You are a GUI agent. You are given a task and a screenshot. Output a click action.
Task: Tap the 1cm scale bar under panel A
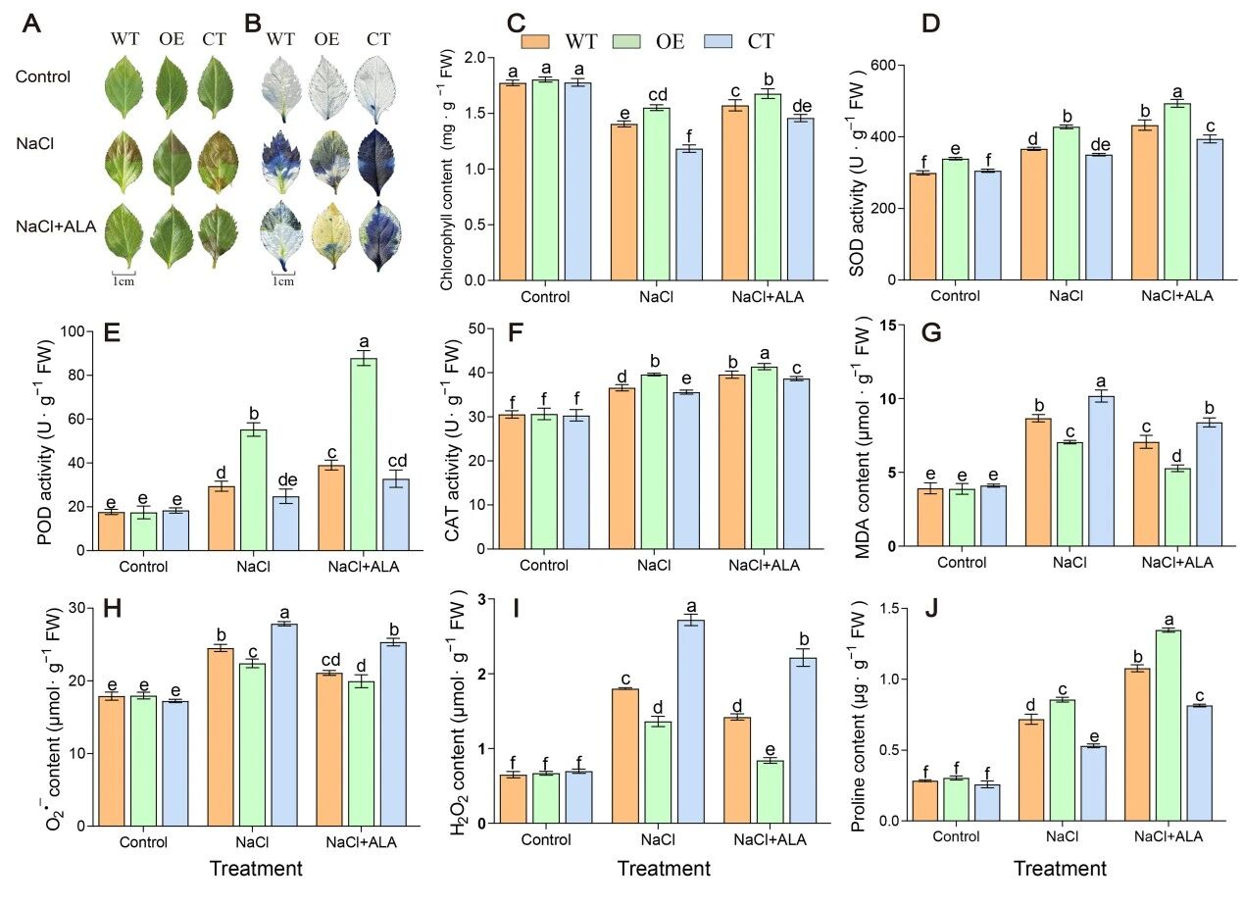[x=123, y=274]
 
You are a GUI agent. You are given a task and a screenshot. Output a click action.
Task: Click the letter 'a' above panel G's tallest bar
[x=1100, y=381]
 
